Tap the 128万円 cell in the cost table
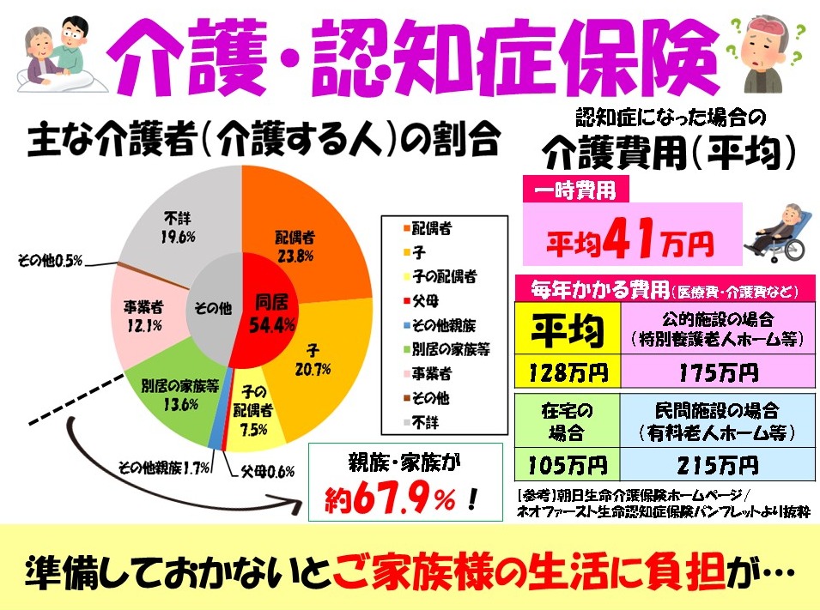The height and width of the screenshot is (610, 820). pyautogui.click(x=564, y=373)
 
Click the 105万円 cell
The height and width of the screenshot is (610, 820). pyautogui.click(x=564, y=466)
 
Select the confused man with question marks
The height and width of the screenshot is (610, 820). pyautogui.click(x=767, y=51)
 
